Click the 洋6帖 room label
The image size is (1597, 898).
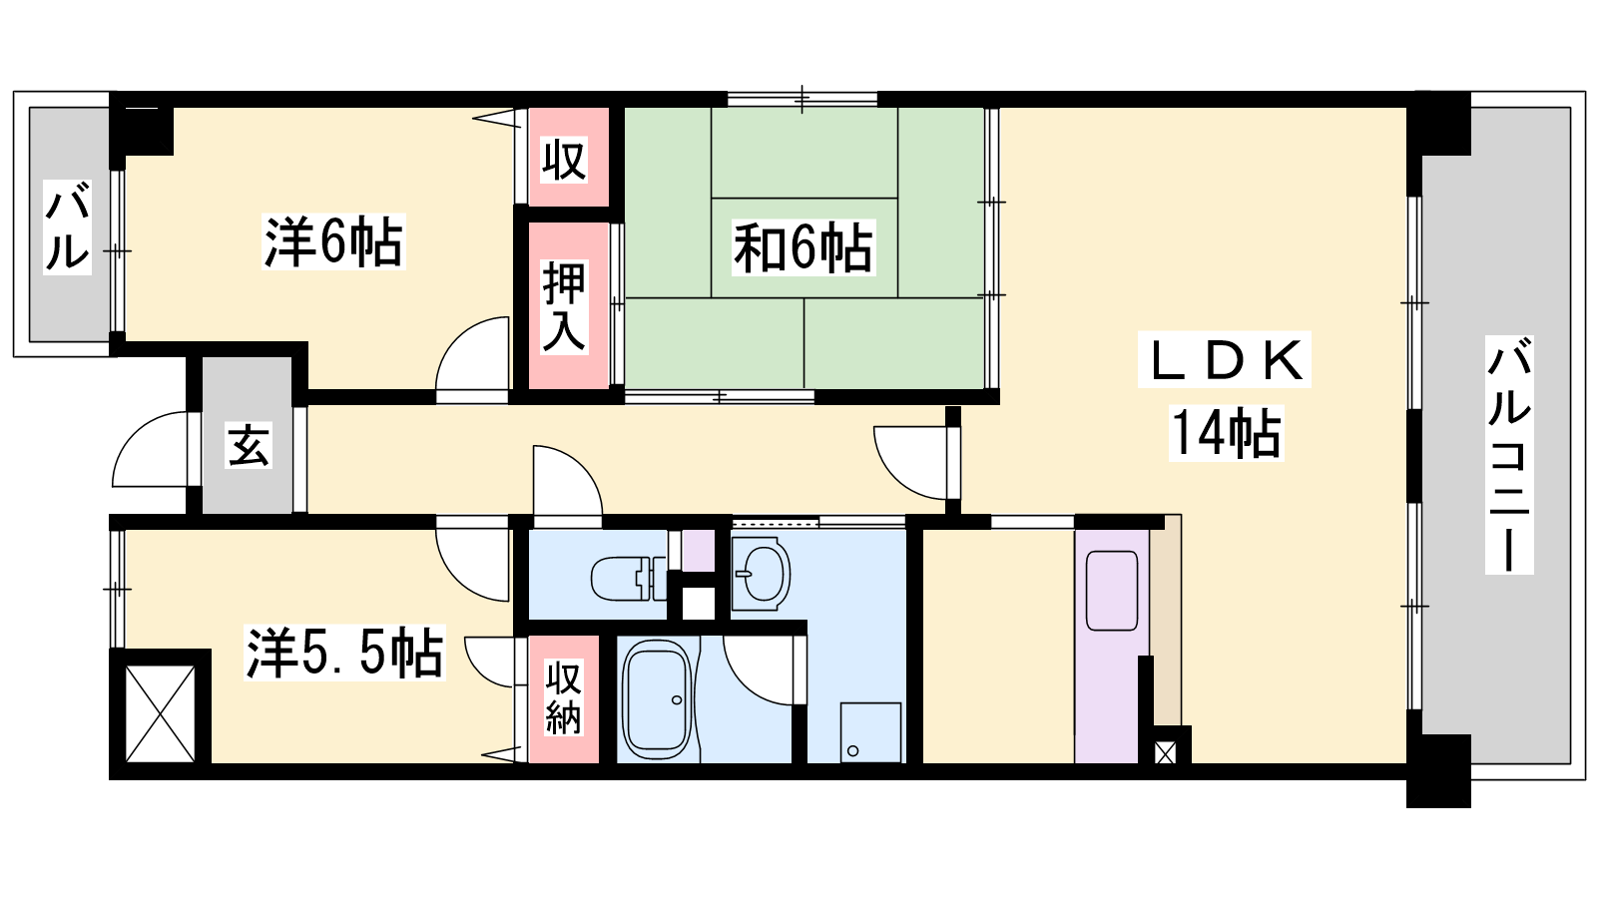click(x=333, y=241)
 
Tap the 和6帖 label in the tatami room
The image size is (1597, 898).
click(x=803, y=248)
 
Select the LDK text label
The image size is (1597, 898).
click(x=1224, y=360)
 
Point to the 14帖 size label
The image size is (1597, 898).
click(x=1227, y=433)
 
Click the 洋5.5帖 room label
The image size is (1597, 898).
click(x=344, y=653)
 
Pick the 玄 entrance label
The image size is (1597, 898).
click(x=249, y=445)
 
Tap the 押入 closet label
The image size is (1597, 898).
click(x=564, y=307)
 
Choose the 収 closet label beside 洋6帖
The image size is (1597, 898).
click(x=563, y=161)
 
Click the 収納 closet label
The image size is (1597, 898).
click(x=563, y=697)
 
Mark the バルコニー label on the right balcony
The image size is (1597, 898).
click(x=1509, y=455)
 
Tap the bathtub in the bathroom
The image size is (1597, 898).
click(x=657, y=698)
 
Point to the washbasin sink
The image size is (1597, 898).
click(x=761, y=573)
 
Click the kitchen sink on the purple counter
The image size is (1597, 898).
click(x=1111, y=591)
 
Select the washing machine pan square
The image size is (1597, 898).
click(x=870, y=732)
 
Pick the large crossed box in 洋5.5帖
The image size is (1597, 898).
click(x=161, y=713)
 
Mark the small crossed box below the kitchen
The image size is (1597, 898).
click(x=1165, y=752)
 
